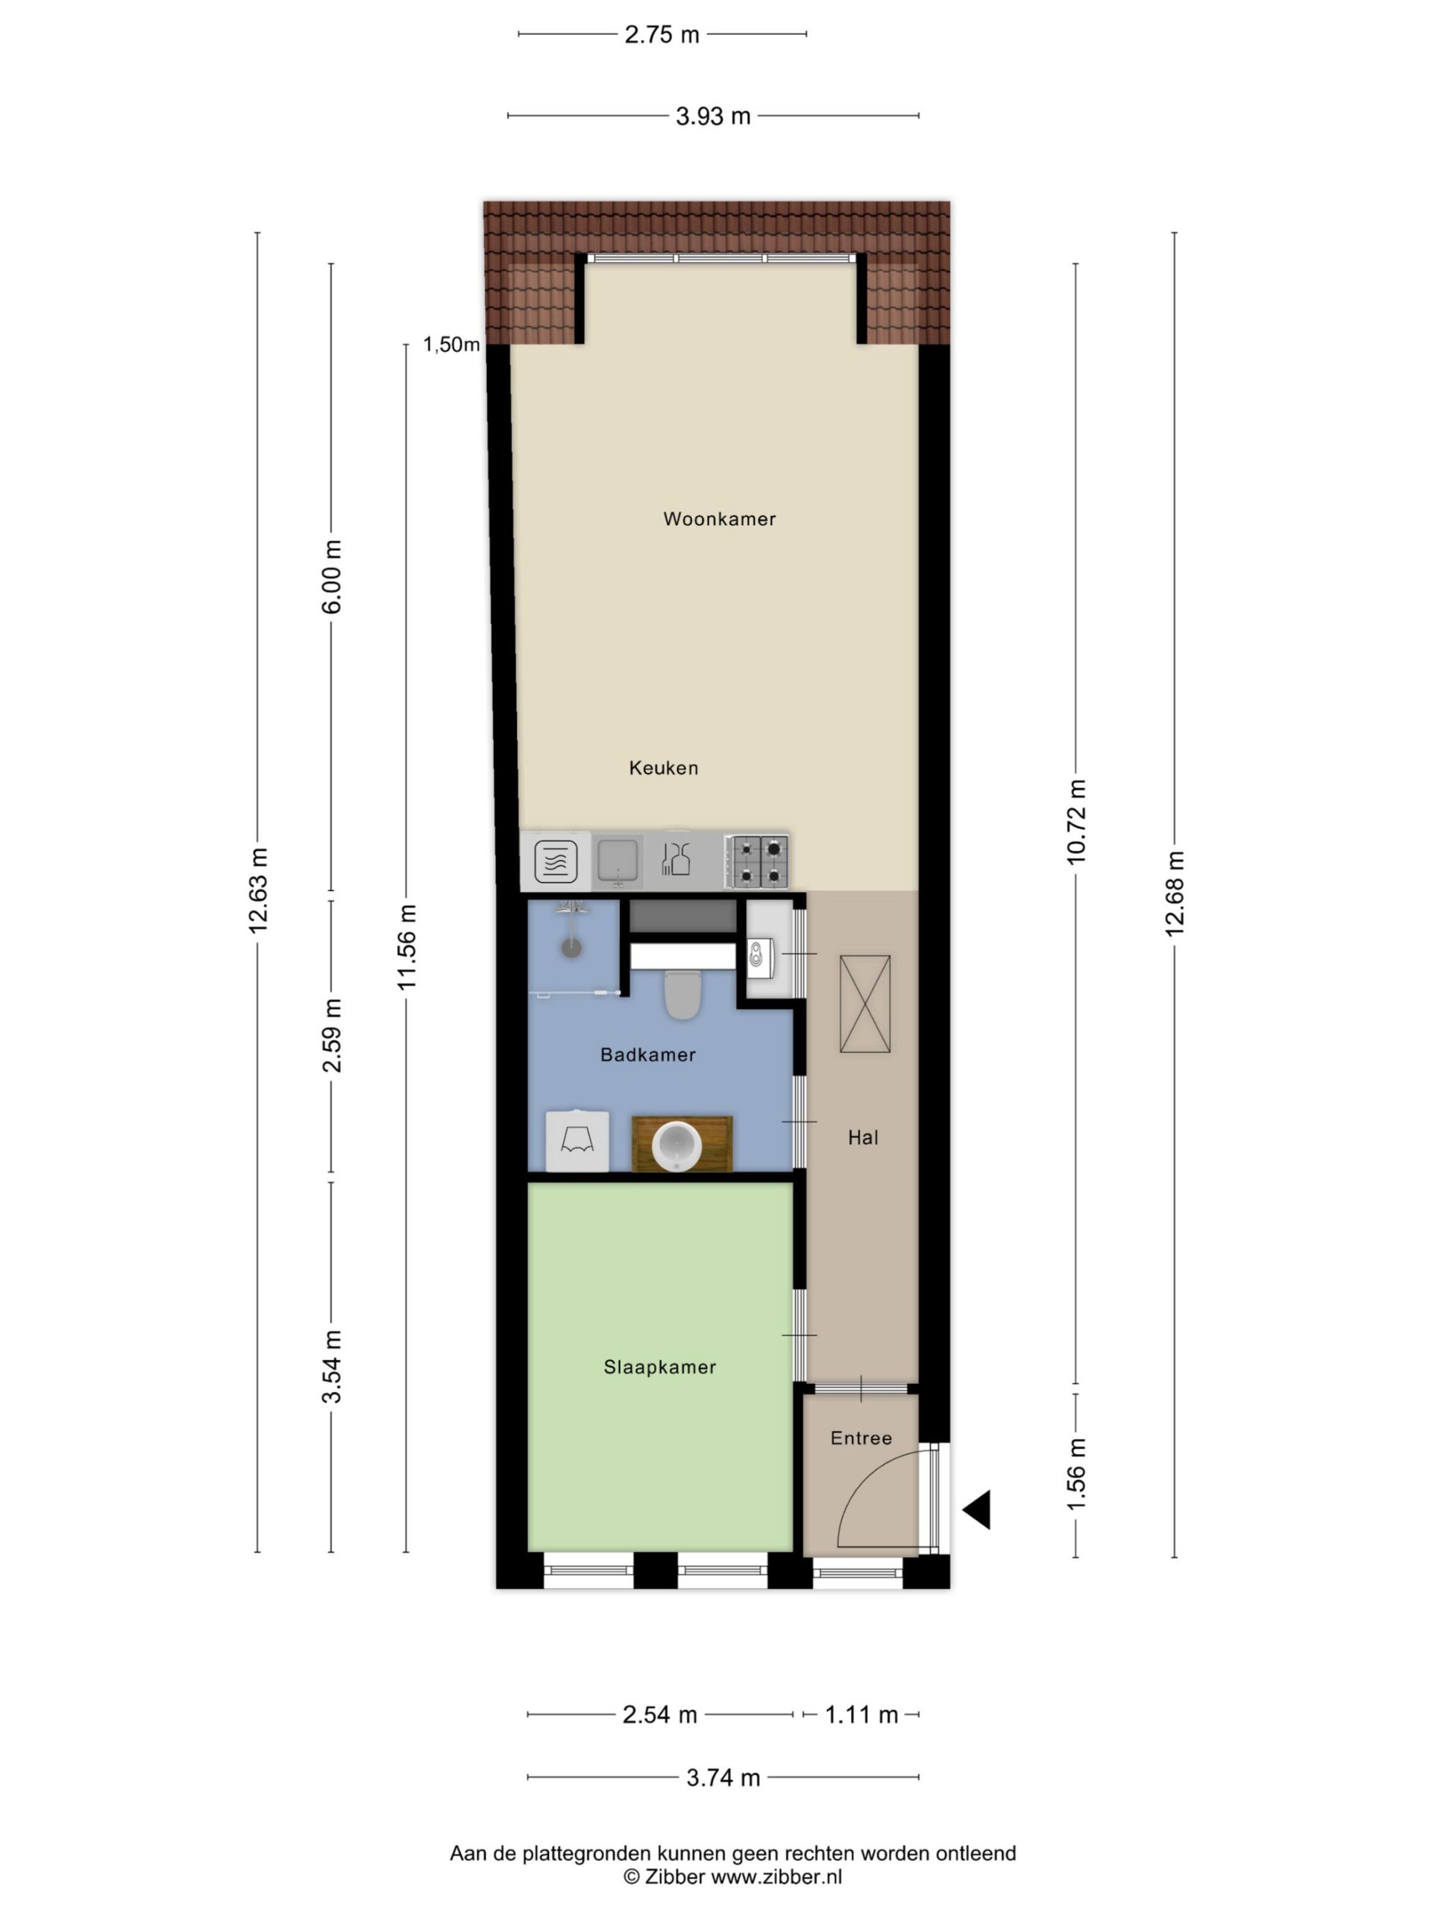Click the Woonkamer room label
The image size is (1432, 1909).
[x=719, y=519]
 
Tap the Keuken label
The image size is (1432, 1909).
[x=663, y=767]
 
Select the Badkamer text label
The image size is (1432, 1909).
[x=647, y=1054]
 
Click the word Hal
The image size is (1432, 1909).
[x=862, y=1137]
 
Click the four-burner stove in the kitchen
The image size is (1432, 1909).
[x=757, y=861]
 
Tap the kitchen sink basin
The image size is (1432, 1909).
[x=618, y=860]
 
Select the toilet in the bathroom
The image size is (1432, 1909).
[x=681, y=994]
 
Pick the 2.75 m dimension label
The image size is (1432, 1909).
[x=662, y=34]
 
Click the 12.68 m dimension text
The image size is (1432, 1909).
[x=1174, y=893]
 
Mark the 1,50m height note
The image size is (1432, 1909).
[x=450, y=345]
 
